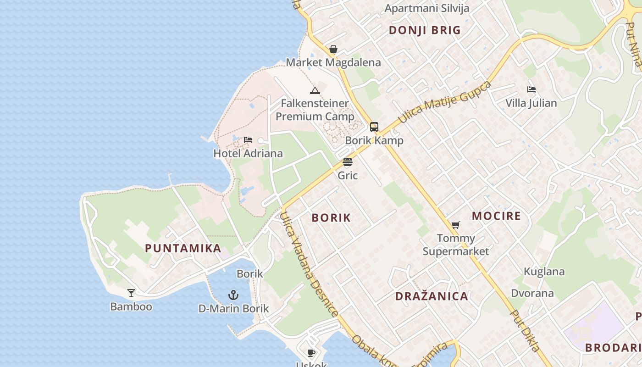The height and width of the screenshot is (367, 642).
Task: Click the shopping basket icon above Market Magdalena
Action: pos(333,49)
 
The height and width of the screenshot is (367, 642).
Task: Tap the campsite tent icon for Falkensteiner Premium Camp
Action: pos(315,90)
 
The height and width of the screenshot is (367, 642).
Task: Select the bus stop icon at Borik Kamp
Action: pos(374,127)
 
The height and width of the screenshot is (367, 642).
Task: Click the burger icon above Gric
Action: pos(348,162)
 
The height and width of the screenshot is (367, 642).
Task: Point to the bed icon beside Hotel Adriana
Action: pos(248,140)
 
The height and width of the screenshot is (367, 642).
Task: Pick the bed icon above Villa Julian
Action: pos(531,89)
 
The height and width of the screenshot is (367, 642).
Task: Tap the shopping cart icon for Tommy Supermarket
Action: pos(455,225)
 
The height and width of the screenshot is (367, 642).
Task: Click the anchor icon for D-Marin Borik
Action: pos(233,295)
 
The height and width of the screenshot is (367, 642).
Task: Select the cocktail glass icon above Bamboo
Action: pos(131,293)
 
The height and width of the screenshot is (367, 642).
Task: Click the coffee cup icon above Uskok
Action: pos(311,353)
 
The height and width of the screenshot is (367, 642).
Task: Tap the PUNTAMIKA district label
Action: pos(183,248)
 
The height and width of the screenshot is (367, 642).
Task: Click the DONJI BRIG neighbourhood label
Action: pos(425,30)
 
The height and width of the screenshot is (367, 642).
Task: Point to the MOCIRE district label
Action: pos(496,216)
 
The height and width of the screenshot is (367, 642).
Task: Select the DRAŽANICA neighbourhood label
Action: pos(432,296)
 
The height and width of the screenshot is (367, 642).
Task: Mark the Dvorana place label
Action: pos(532,293)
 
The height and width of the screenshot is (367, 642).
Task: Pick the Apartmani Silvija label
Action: pos(427,8)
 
